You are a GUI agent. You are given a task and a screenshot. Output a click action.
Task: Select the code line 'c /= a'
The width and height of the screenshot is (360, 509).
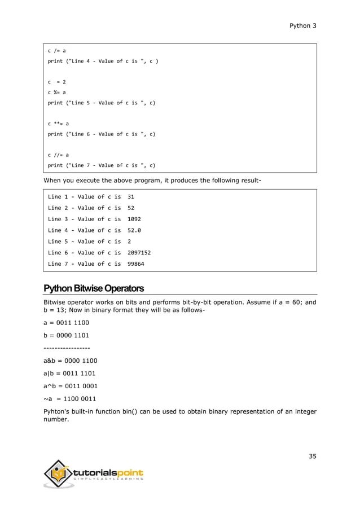pyautogui.click(x=57, y=50)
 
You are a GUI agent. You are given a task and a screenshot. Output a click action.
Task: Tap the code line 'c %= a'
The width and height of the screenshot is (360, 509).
pyautogui.click(x=57, y=92)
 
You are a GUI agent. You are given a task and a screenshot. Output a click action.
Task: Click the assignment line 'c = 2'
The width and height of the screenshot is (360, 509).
pyautogui.click(x=57, y=81)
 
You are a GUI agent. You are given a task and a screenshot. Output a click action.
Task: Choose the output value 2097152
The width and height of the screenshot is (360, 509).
pyautogui.click(x=139, y=252)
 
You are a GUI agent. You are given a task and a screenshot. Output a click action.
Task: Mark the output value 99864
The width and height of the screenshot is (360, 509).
pyautogui.click(x=137, y=264)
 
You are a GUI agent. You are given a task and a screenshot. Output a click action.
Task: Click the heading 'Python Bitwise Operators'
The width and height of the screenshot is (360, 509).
pyautogui.click(x=94, y=288)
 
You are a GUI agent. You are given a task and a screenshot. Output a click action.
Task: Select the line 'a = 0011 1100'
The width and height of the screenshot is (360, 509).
pyautogui.click(x=66, y=323)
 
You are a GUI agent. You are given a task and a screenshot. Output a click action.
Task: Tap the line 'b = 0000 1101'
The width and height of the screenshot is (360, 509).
pyautogui.click(x=66, y=335)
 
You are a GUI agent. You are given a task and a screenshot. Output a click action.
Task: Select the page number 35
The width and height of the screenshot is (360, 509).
pyautogui.click(x=312, y=455)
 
